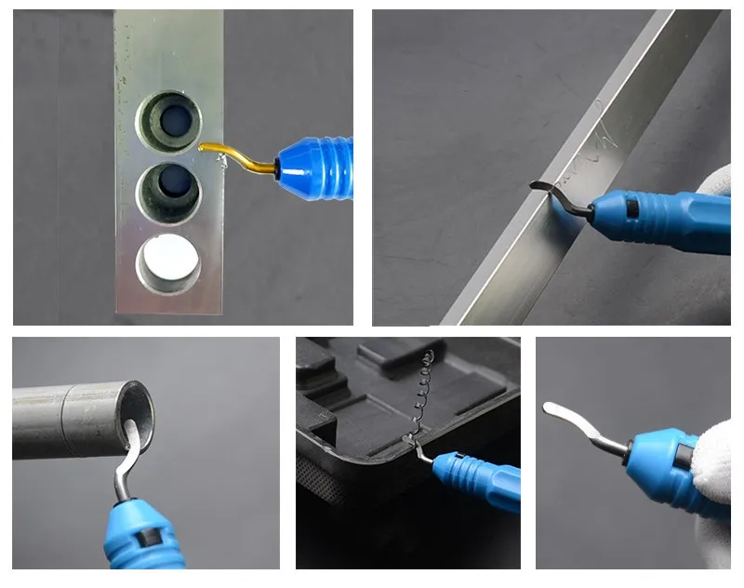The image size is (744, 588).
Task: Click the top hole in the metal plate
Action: click(x=170, y=120)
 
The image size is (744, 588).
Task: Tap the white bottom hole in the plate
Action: click(x=168, y=261)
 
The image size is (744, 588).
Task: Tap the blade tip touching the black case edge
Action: click(x=416, y=449)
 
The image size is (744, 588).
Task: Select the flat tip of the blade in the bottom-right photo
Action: click(x=554, y=410)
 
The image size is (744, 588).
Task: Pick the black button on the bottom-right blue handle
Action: click(x=684, y=458)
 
